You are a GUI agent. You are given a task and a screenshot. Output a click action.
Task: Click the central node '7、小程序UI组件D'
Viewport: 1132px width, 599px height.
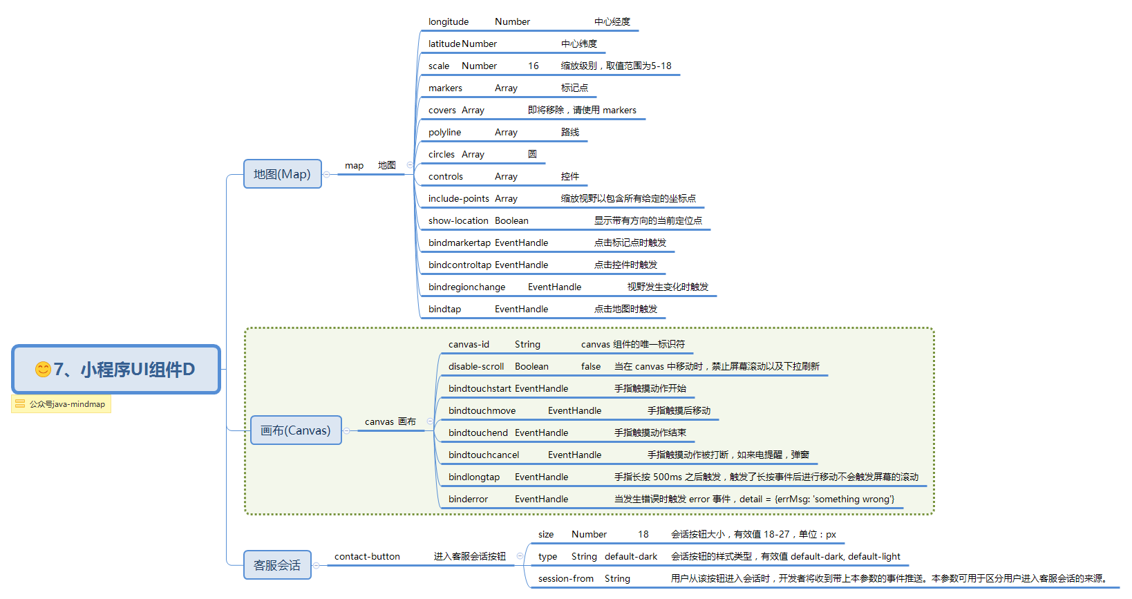coord(116,370)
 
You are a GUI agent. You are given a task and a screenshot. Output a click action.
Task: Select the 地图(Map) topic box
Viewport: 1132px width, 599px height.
coord(282,174)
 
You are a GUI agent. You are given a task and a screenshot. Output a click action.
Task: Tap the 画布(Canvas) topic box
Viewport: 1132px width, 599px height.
coord(296,430)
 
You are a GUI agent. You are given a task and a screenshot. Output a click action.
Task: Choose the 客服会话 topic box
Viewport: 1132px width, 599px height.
coord(277,565)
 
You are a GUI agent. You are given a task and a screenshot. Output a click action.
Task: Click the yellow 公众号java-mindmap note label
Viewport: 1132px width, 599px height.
coord(62,404)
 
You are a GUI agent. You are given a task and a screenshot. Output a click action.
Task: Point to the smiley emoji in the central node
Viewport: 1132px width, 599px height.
coord(43,370)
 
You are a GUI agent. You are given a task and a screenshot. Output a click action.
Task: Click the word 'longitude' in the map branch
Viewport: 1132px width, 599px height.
coord(449,22)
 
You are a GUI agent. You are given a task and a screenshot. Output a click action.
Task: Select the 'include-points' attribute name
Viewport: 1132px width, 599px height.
coord(458,199)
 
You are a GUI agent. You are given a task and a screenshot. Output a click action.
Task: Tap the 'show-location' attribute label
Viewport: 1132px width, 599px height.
coord(458,221)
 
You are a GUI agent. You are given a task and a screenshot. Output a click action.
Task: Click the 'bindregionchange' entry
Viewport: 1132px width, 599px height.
coord(466,287)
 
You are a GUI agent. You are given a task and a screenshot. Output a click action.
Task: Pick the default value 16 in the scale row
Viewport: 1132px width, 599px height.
coord(534,66)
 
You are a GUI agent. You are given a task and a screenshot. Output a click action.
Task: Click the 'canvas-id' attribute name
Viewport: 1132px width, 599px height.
coord(469,345)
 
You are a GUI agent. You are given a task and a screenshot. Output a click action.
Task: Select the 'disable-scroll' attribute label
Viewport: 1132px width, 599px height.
coord(476,367)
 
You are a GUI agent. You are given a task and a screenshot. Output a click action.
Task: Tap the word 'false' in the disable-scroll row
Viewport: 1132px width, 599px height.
coord(591,367)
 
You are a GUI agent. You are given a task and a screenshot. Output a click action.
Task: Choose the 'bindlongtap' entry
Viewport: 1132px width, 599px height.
coord(474,477)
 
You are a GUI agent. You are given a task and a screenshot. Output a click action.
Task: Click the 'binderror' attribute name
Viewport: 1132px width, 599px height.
coord(468,500)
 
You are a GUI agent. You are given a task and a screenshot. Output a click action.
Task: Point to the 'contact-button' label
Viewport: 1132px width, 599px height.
coord(367,557)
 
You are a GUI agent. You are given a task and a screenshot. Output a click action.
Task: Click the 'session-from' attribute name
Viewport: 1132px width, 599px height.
coord(566,579)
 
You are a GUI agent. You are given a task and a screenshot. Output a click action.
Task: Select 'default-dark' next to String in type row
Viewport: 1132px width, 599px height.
coord(631,557)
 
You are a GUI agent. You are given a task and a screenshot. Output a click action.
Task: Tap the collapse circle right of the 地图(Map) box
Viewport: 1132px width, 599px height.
coord(327,175)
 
